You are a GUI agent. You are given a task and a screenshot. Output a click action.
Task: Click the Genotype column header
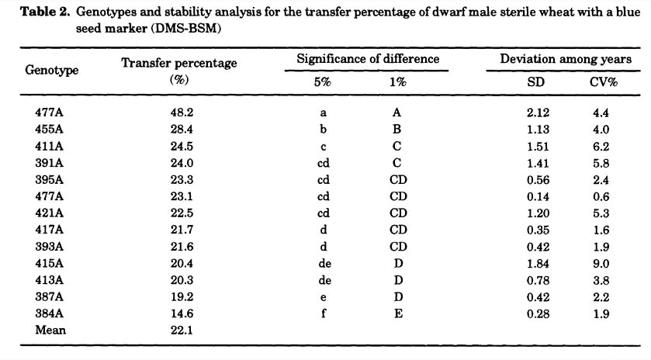click(x=51, y=70)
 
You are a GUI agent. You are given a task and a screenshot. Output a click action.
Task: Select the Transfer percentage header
click(x=179, y=63)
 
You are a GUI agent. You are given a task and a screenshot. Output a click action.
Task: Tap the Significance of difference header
click(x=368, y=59)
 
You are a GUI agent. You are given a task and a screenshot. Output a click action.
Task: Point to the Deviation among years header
click(x=566, y=59)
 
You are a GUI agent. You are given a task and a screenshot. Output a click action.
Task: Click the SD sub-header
click(x=535, y=81)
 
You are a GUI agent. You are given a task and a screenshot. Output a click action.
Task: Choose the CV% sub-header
click(x=603, y=81)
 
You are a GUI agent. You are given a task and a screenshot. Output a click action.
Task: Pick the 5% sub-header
click(x=322, y=81)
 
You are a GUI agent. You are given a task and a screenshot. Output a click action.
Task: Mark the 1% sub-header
click(x=397, y=81)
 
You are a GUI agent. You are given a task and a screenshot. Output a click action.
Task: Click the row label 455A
click(x=49, y=129)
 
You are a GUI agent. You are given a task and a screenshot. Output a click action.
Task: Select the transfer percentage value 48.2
click(x=182, y=112)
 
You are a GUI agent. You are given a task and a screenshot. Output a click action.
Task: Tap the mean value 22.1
click(x=182, y=330)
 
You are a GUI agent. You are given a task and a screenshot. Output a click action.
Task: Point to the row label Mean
click(x=50, y=330)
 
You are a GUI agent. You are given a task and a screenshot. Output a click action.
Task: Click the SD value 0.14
click(x=538, y=196)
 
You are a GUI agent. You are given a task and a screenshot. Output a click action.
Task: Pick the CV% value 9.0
click(x=601, y=264)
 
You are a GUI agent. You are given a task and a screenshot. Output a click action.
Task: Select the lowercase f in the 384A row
click(x=324, y=313)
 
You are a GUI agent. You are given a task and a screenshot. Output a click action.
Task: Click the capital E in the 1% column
click(x=398, y=313)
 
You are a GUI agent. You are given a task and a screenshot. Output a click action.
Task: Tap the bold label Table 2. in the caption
click(x=45, y=12)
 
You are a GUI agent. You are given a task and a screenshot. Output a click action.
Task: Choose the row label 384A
click(x=49, y=313)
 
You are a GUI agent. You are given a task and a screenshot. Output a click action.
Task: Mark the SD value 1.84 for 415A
click(x=538, y=264)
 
